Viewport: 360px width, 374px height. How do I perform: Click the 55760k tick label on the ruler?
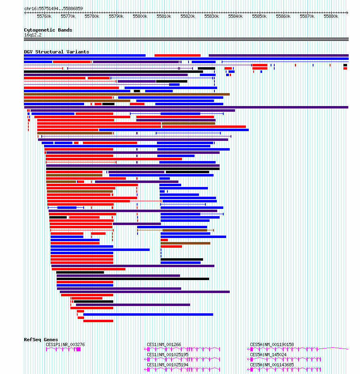44,16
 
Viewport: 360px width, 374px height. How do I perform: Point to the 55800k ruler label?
140,16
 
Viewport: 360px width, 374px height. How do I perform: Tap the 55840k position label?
235,16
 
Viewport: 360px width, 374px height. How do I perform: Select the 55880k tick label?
331,16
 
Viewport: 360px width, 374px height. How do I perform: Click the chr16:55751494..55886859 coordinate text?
53,8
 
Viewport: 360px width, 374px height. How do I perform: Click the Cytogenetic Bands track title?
48,30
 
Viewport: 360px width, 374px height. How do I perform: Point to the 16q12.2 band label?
33,35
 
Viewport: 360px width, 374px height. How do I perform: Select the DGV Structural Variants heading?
57,52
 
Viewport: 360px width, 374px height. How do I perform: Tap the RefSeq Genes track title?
41,340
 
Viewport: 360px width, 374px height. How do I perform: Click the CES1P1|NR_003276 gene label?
65,344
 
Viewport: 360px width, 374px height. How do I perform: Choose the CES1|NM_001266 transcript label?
164,344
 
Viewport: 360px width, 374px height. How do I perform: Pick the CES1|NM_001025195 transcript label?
167,355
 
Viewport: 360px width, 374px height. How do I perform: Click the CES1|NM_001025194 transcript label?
167,365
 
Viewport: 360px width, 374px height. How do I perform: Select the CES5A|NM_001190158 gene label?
272,344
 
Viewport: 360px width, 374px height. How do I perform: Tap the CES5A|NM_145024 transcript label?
268,355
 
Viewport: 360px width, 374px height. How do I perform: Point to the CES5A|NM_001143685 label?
272,365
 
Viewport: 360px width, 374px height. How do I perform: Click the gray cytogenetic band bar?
186,39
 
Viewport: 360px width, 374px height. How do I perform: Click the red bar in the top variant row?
178,55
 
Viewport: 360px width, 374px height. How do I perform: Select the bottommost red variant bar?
98,321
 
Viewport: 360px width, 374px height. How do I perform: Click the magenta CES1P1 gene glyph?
63,349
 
